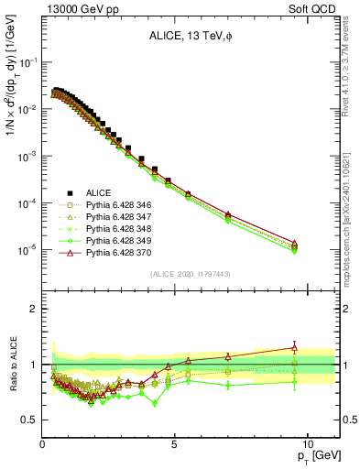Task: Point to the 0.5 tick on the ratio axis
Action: coord(31,420)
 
